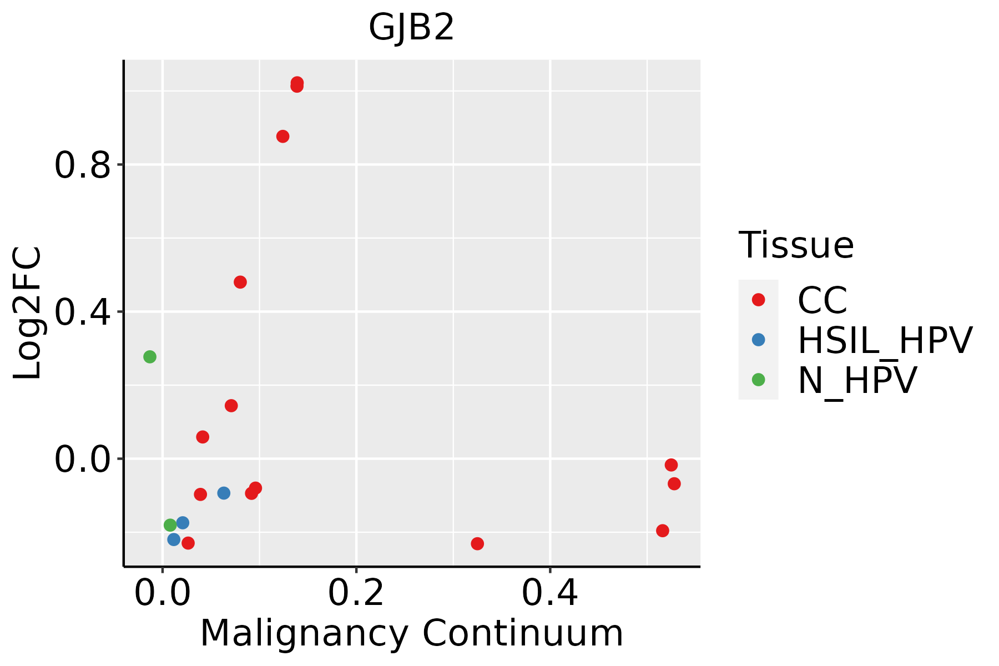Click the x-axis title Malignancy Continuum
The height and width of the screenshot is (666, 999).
[x=411, y=633]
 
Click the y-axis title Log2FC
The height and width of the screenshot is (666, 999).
[x=28, y=313]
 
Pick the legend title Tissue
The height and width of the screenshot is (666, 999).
[x=796, y=245]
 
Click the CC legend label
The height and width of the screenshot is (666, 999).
[x=822, y=300]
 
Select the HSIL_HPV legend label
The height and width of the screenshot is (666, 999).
[x=885, y=340]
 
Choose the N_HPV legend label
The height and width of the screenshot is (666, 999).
[x=857, y=380]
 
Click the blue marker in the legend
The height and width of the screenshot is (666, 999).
[x=758, y=340]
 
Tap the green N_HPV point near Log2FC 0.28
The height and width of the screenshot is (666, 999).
[x=150, y=357]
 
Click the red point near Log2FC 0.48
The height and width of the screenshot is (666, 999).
[x=240, y=282]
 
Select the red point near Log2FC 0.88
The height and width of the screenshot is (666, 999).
[x=283, y=137]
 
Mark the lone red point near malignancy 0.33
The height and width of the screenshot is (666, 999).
[x=477, y=543]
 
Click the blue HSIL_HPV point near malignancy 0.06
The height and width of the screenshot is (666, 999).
[x=224, y=493]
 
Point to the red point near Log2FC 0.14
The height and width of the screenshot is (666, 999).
[x=231, y=406]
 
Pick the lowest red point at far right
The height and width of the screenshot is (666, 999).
[x=663, y=531]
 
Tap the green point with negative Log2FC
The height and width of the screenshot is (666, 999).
[x=170, y=525]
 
